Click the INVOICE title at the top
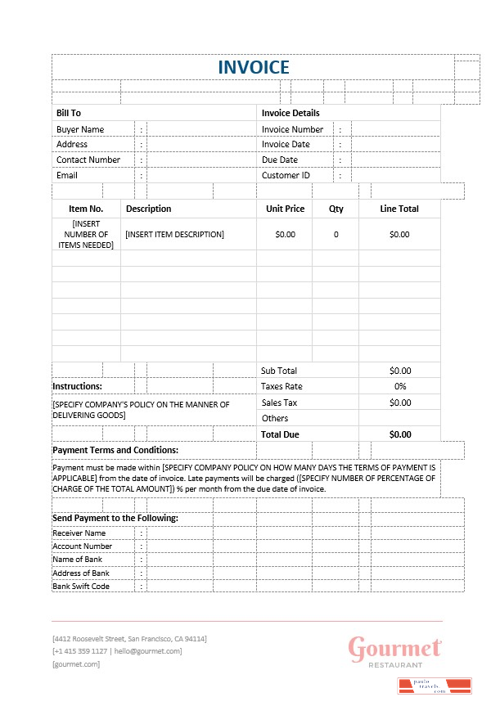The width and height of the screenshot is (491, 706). pyautogui.click(x=253, y=67)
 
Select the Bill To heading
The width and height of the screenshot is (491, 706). pyautogui.click(x=69, y=113)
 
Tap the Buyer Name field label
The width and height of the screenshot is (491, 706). pyautogui.click(x=80, y=129)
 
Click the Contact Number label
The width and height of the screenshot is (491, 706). pyautogui.click(x=88, y=160)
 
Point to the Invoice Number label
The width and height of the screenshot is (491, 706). pyautogui.click(x=292, y=129)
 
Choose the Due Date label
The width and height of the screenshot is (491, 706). pyautogui.click(x=280, y=160)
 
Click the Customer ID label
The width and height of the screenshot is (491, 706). pyautogui.click(x=286, y=175)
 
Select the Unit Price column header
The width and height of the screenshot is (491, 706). pyautogui.click(x=285, y=209)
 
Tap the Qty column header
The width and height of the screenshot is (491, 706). pyautogui.click(x=336, y=209)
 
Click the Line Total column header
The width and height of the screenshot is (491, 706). pyautogui.click(x=399, y=209)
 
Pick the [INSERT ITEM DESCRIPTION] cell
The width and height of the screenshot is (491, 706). pyautogui.click(x=174, y=234)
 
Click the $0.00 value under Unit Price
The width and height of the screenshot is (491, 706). pyautogui.click(x=285, y=234)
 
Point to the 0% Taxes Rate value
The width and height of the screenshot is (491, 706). pyautogui.click(x=400, y=386)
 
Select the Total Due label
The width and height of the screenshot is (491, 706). pyautogui.click(x=280, y=434)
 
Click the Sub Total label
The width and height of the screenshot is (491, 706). pyautogui.click(x=279, y=371)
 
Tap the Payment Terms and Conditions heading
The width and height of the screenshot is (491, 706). pyautogui.click(x=115, y=450)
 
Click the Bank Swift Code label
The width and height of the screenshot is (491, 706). pyautogui.click(x=81, y=586)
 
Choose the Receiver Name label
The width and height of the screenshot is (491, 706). pyautogui.click(x=79, y=533)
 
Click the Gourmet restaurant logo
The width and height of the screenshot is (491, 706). pyautogui.click(x=395, y=652)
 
